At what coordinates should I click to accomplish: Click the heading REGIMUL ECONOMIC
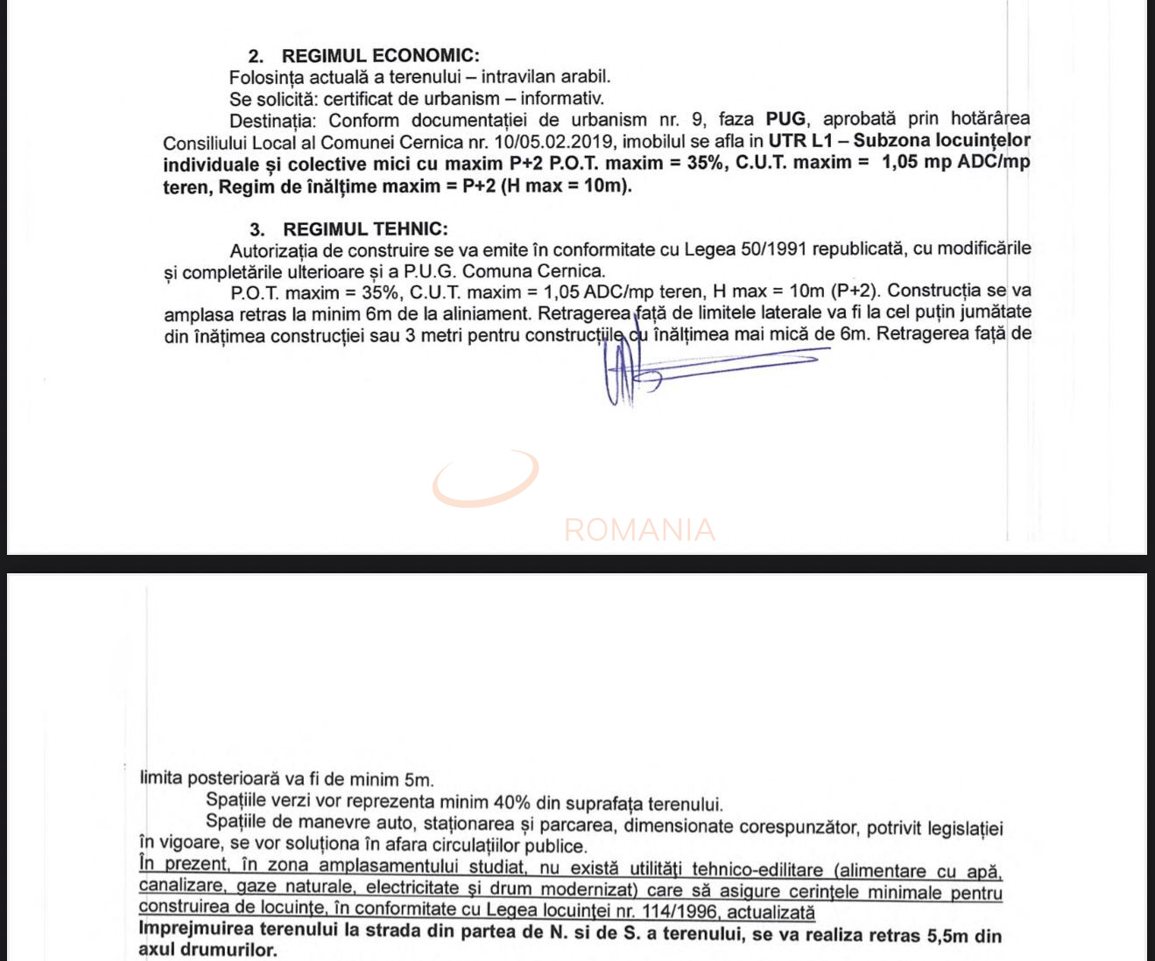click(380, 55)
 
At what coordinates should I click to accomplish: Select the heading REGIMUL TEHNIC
click(365, 229)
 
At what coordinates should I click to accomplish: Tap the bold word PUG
click(785, 119)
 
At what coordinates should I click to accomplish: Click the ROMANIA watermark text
click(639, 530)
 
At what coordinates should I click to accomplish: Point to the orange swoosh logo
click(486, 480)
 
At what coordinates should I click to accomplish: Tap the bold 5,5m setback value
click(948, 936)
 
